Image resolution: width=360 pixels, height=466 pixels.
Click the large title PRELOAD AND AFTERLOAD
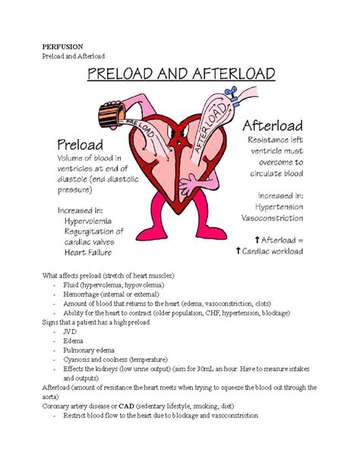(180, 75)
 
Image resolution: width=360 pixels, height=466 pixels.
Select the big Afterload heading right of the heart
(273, 125)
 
